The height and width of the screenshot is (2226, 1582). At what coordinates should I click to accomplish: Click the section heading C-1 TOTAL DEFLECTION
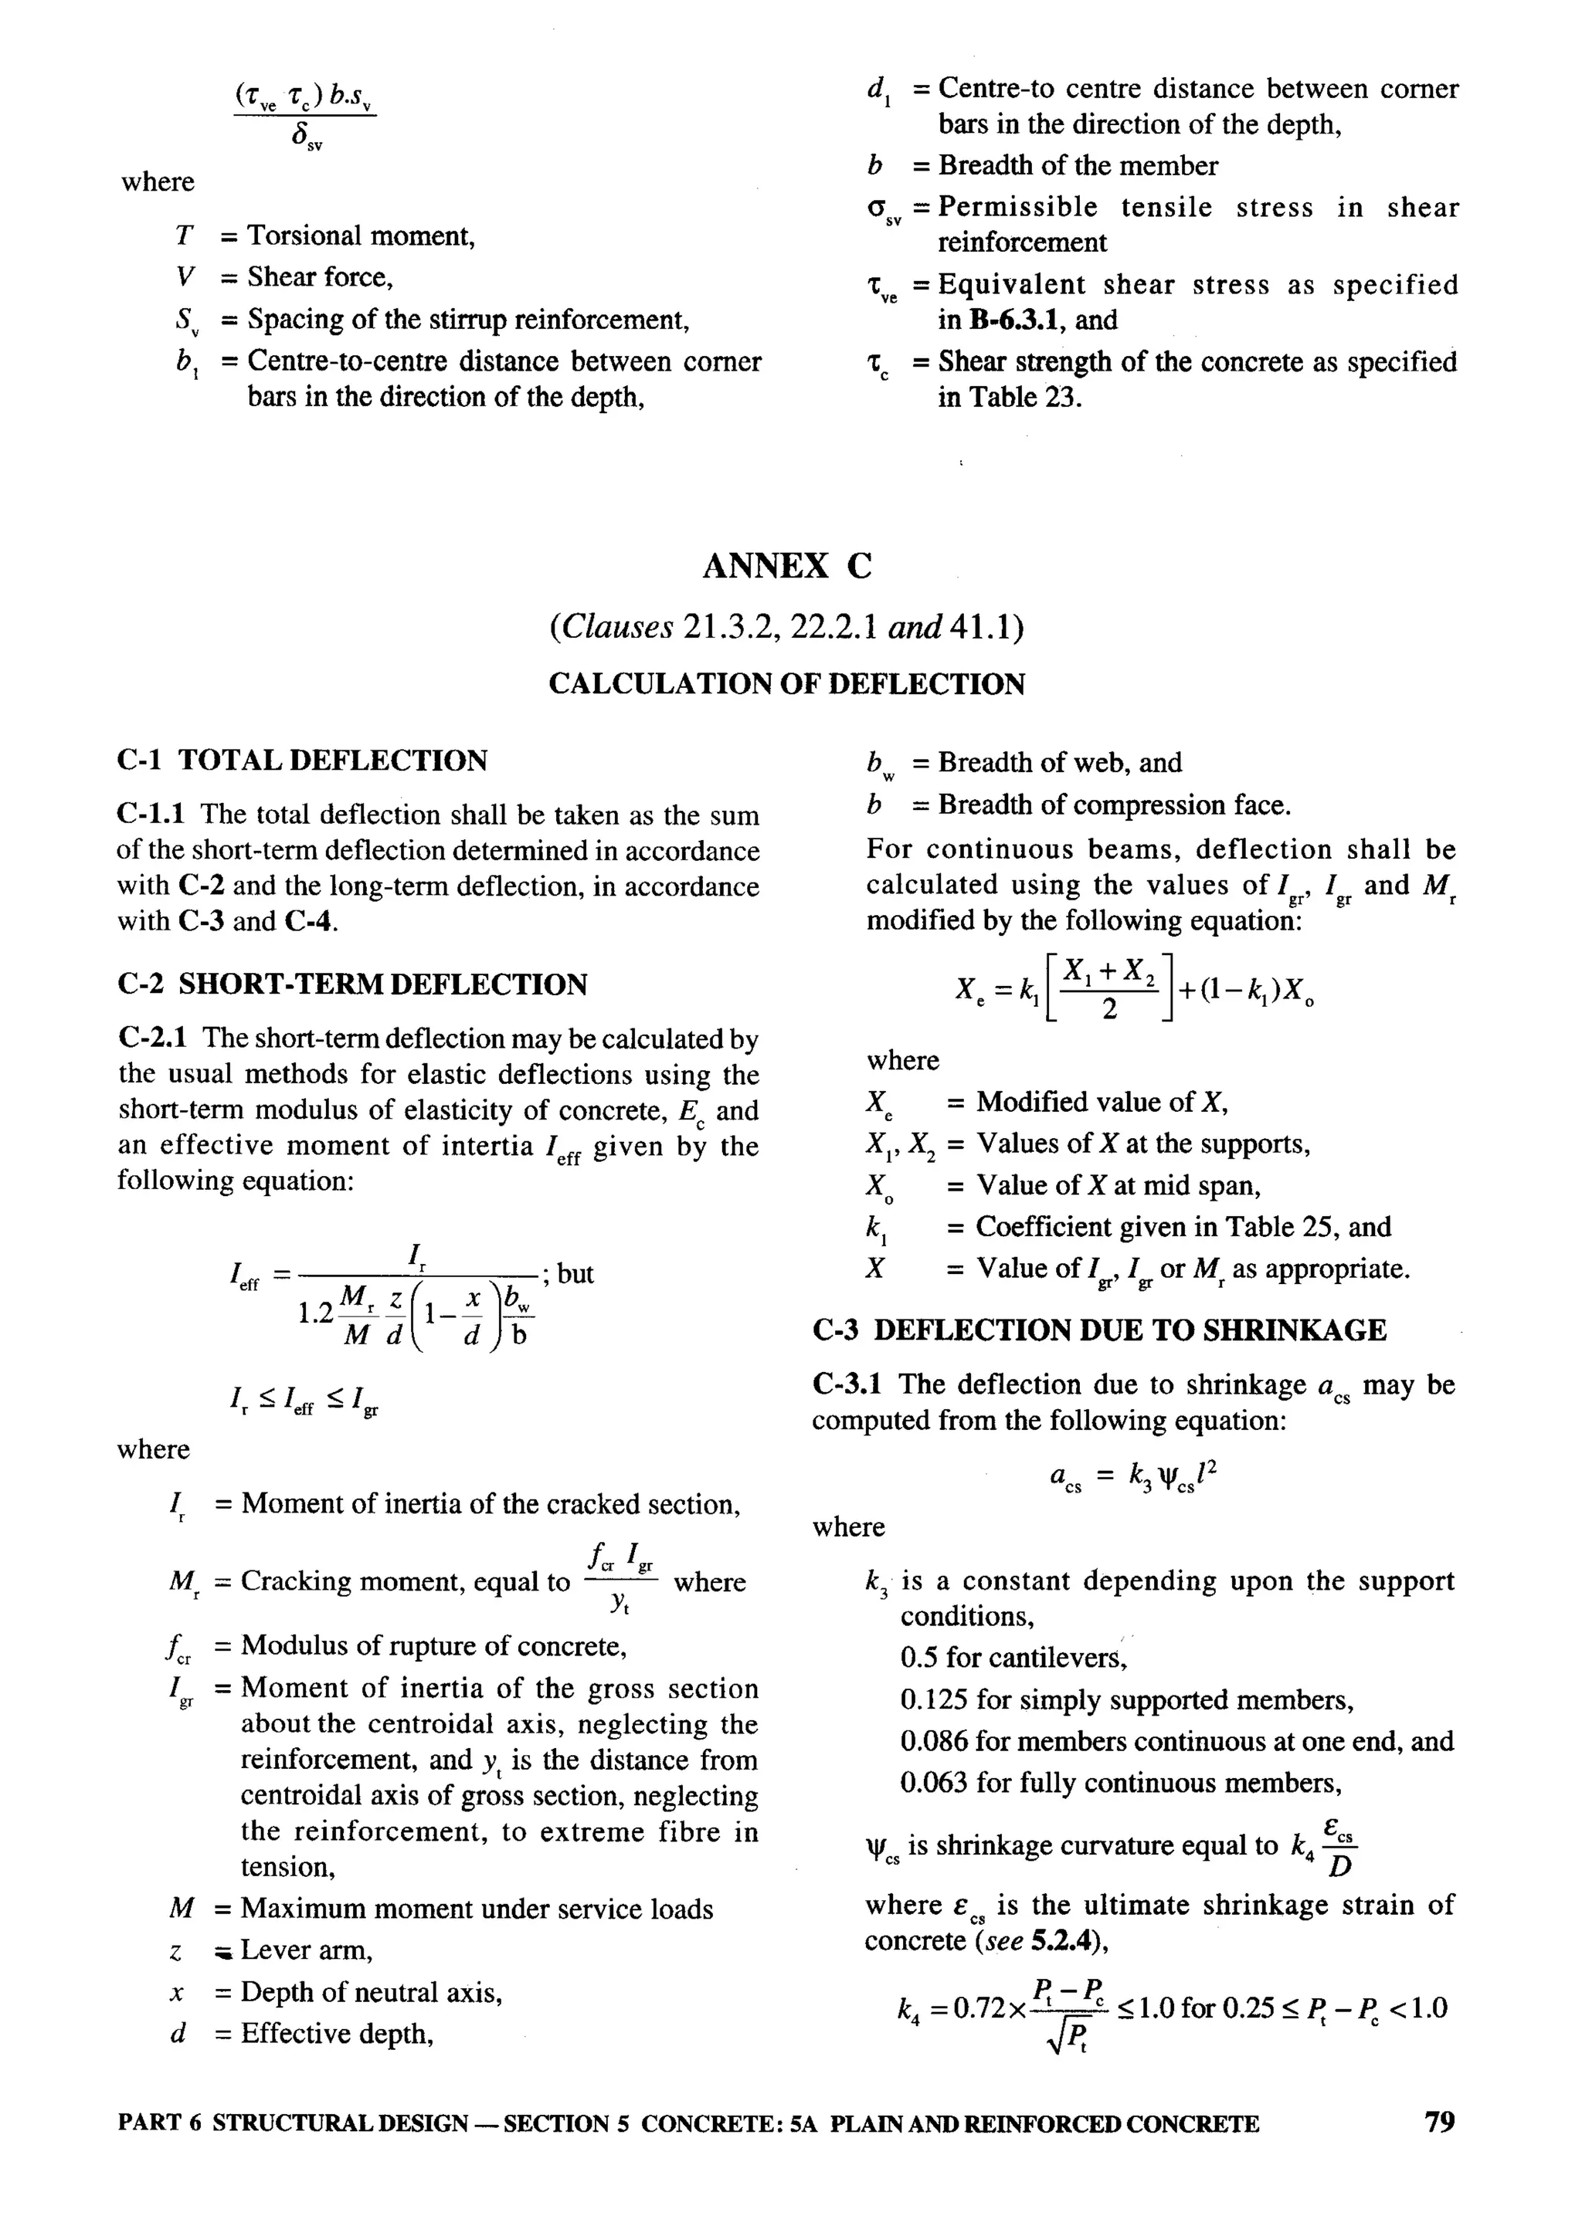(x=302, y=761)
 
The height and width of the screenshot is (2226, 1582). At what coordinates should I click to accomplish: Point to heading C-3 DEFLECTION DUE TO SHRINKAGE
(x=1099, y=1330)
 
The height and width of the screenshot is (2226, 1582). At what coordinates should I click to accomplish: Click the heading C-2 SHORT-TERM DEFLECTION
(x=351, y=984)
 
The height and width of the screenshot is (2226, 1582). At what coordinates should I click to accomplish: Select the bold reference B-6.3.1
(x=1019, y=320)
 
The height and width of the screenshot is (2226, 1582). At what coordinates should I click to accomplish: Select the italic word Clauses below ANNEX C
(x=620, y=627)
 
